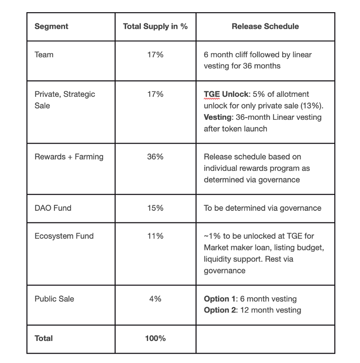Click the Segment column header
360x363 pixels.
(51, 26)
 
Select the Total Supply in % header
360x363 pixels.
(155, 26)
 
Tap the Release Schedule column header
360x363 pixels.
(265, 26)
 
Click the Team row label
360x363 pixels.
(44, 54)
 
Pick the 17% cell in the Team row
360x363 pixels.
(155, 54)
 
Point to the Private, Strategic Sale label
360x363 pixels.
(64, 100)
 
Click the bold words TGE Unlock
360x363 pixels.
(225, 94)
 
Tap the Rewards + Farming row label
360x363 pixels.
(69, 157)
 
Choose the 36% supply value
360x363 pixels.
(155, 157)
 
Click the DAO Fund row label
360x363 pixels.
(53, 208)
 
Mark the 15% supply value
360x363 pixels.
(155, 208)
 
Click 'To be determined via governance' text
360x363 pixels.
(262, 208)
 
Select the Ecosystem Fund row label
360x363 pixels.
(64, 236)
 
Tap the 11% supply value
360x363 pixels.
(155, 236)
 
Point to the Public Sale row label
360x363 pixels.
(54, 299)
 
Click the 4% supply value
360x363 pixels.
(155, 299)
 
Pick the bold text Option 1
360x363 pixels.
(220, 299)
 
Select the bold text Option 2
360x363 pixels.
(220, 310)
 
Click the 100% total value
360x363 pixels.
(155, 338)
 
